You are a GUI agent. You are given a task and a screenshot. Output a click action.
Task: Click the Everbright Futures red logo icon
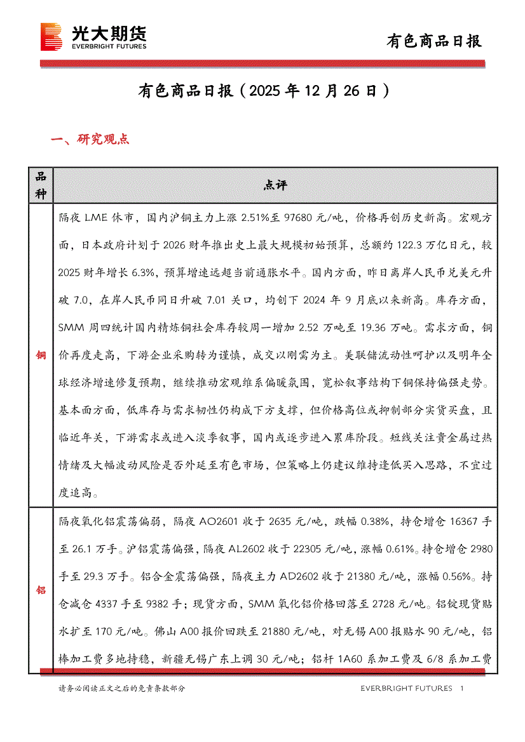click(51, 36)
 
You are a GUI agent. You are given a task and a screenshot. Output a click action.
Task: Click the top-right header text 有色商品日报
click(435, 41)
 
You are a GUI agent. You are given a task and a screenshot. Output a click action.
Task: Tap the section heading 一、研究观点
click(90, 139)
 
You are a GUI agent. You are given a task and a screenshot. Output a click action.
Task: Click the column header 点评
click(275, 185)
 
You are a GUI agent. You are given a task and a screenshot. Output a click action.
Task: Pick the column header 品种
click(41, 185)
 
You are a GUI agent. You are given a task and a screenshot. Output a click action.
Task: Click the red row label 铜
click(41, 355)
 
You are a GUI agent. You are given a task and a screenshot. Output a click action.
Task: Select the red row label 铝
click(41, 590)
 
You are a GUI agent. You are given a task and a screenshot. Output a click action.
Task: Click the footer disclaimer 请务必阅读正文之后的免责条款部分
click(121, 688)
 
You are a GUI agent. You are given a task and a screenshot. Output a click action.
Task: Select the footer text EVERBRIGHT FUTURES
click(406, 688)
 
